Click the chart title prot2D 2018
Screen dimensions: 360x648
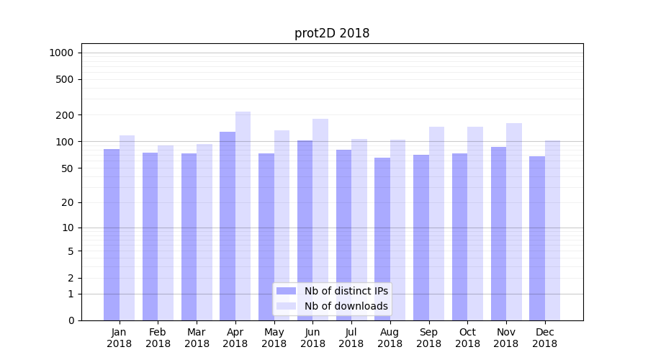[332, 33]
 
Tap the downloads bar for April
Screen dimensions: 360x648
[243, 216]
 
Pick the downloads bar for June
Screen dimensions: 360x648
[320, 220]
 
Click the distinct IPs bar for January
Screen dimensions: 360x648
[112, 235]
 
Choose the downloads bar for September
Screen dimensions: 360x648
[436, 223]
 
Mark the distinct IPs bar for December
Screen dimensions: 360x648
[537, 238]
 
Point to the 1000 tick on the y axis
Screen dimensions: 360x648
[61, 53]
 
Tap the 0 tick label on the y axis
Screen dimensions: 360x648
[71, 320]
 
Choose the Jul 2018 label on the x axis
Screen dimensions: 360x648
[351, 338]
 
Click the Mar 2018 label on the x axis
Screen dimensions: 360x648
[197, 338]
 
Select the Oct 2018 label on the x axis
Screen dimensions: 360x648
[467, 338]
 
